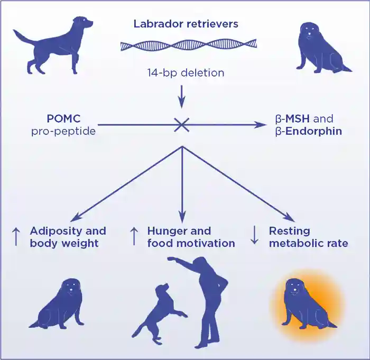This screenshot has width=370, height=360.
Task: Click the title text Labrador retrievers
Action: point(186,24)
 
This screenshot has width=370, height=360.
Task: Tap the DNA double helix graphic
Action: point(188,45)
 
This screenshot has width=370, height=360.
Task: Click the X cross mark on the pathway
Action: point(182,125)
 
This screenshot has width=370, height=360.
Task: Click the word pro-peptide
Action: point(63,131)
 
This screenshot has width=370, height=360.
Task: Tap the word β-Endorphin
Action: point(308,131)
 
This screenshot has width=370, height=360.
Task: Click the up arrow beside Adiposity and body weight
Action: point(15,237)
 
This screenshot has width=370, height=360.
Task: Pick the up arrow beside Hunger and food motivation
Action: point(134,237)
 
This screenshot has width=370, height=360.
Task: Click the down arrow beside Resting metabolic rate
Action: point(254,237)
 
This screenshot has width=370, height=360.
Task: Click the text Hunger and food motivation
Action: point(191,237)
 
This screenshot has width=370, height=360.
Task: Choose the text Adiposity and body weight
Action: point(68,237)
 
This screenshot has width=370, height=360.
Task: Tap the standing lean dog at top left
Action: point(58,45)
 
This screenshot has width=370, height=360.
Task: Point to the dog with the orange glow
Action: point(307,304)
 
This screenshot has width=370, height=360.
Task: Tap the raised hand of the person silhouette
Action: point(171,259)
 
